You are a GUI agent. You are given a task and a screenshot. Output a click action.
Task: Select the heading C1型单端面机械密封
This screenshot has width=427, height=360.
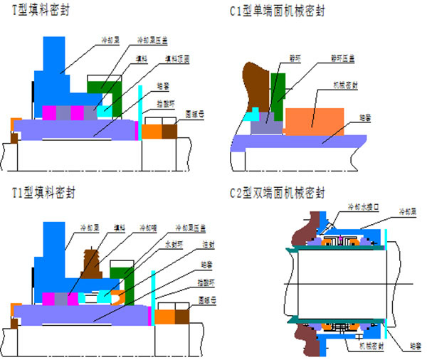coord(278,10)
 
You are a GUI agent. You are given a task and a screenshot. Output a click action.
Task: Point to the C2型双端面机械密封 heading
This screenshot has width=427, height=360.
coord(278,193)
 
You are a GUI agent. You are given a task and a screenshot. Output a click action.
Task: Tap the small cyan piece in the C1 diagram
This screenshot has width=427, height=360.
coord(251,114)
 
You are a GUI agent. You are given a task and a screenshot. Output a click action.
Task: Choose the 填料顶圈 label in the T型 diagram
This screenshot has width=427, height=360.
coord(176,58)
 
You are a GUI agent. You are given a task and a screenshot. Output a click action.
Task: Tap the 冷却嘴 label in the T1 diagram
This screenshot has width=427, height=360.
coord(147,228)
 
